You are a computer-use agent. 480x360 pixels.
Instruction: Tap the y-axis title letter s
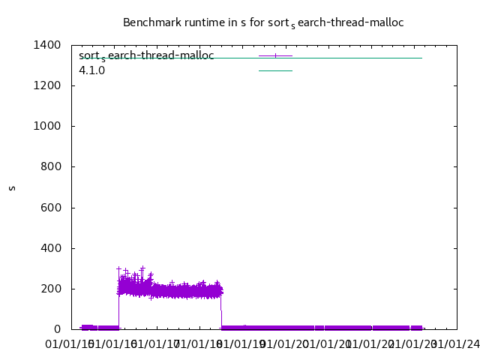coord(12,187)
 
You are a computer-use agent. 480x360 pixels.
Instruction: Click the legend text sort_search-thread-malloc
coord(146,56)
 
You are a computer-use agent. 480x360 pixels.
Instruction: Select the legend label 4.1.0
coord(92,70)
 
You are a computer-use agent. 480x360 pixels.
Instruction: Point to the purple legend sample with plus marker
coord(275,56)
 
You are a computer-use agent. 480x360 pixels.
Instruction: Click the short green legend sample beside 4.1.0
coord(275,70)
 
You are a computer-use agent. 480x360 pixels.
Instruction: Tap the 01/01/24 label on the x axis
coord(453,344)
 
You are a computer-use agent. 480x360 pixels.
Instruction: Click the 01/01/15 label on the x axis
coord(70,344)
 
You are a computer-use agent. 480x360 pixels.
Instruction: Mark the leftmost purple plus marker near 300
coord(118,268)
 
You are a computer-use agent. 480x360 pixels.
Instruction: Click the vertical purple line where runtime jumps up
coord(118,307)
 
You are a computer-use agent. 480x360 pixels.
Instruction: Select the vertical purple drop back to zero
coord(221,311)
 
